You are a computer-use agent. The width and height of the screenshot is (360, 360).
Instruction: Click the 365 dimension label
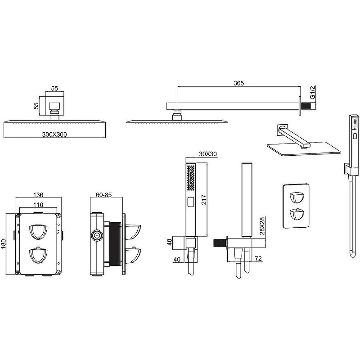[x=238, y=83]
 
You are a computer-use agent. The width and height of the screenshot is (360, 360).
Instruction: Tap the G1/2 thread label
[x=312, y=92]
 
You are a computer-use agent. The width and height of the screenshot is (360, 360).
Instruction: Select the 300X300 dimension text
[x=54, y=135]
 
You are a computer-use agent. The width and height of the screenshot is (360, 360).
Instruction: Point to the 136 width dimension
[x=38, y=195]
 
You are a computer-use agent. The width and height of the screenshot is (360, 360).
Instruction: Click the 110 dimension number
[x=38, y=205]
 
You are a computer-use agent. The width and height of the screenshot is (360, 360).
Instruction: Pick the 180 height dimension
[x=3, y=244]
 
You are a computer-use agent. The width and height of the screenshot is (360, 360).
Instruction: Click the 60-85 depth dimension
[x=104, y=195]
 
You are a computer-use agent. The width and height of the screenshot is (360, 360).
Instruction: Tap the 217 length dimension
[x=204, y=200]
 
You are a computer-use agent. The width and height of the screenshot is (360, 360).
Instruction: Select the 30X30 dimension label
[x=208, y=154]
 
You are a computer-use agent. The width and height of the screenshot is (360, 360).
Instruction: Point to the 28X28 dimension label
[x=262, y=226]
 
